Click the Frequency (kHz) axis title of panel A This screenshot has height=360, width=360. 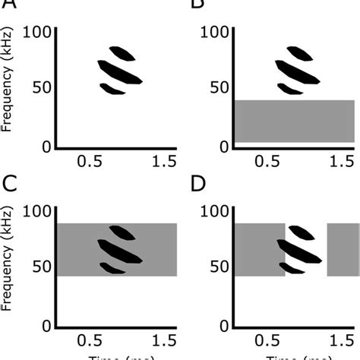tap(8, 87)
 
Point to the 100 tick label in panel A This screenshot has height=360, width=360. tap(37, 32)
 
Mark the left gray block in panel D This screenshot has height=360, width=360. tap(258, 250)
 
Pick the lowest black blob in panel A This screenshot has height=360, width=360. tap(112, 88)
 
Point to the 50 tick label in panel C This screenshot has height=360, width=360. tap(42, 267)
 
